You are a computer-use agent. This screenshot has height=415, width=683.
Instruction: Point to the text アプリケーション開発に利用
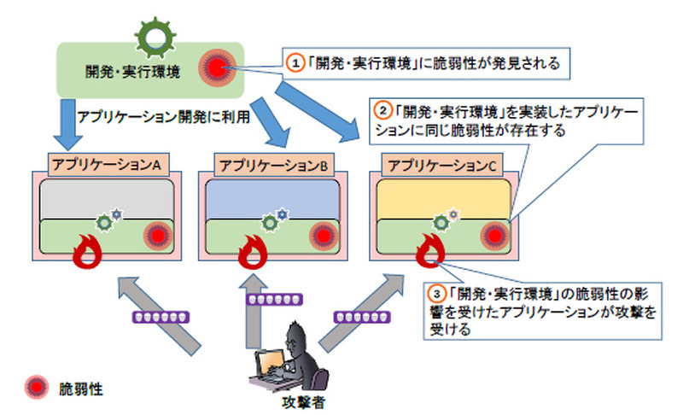point(163,118)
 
